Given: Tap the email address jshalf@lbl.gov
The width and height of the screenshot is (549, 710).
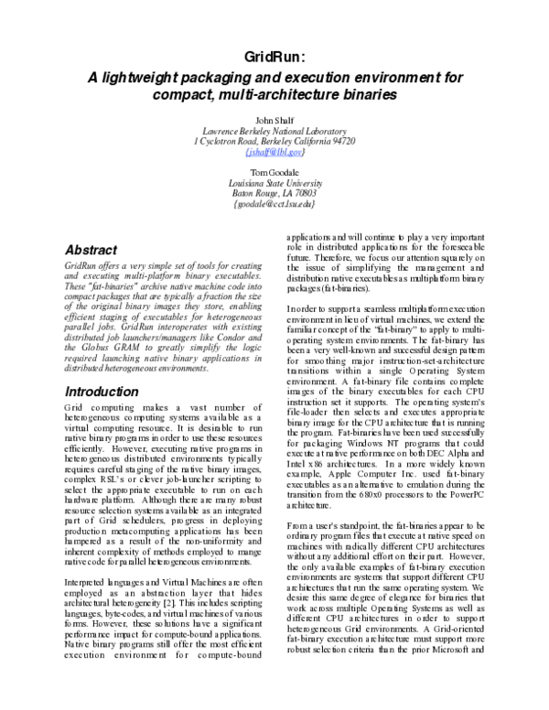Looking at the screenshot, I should [x=274, y=153].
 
